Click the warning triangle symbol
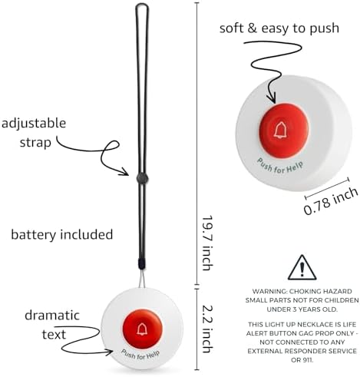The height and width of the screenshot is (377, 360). coord(302,268)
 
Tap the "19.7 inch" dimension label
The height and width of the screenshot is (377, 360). coord(207,243)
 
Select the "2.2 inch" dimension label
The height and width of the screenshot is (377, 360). coord(207,329)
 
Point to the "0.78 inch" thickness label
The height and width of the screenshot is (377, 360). coord(331,201)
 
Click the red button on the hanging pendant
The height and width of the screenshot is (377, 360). coord(142,329)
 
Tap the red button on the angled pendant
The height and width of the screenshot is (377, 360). coord(283,130)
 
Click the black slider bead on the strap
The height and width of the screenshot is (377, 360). coord(142,177)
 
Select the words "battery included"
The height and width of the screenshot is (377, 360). coord(62,234)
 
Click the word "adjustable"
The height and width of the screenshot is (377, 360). coord(34,124)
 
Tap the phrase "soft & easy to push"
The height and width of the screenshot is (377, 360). coord(279,28)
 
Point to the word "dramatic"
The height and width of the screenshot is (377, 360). coord(52,316)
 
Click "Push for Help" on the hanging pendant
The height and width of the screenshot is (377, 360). coord(140,355)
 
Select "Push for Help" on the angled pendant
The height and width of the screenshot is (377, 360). coord(280,167)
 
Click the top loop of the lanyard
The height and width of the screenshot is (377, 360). coord(142,5)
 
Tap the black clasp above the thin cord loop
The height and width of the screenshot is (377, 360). coord(141,263)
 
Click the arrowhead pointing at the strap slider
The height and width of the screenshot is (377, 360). coord(125,171)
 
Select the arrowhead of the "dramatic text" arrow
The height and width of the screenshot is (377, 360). coord(109,352)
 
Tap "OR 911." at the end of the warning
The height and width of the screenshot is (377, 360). coord(302,360)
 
